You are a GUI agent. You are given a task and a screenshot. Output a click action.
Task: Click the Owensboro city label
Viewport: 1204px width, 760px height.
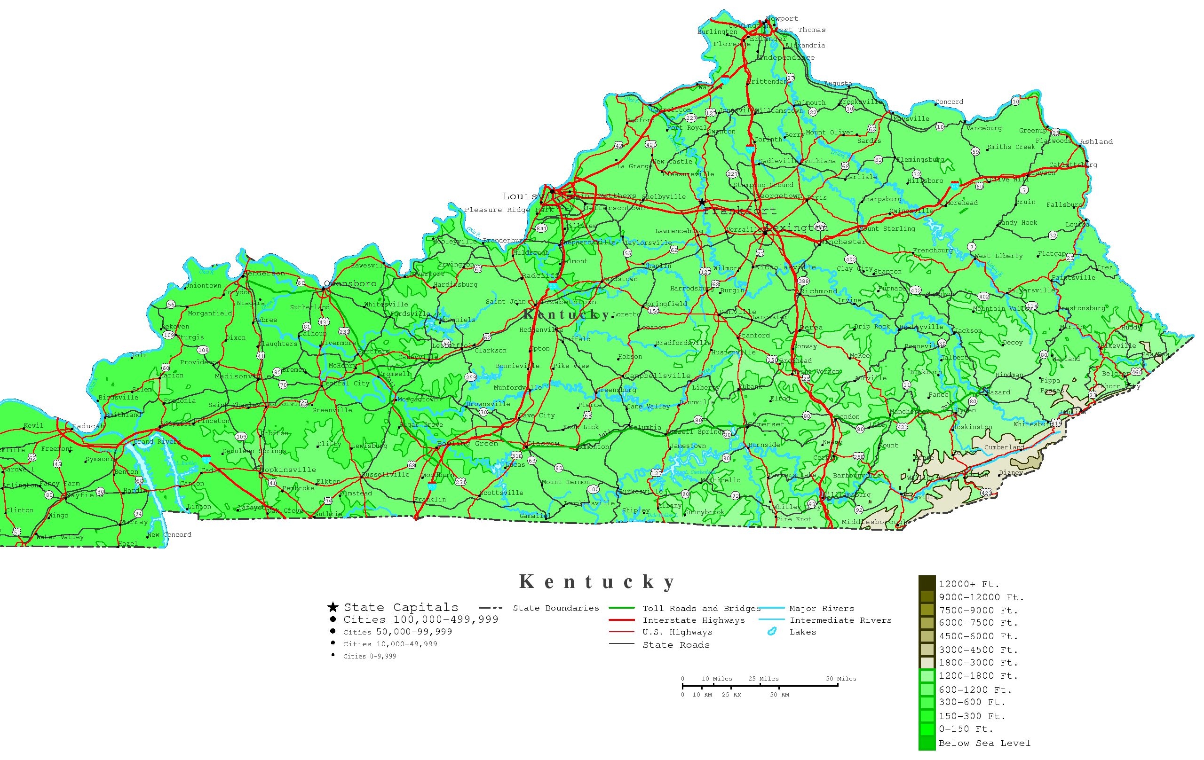tap(350, 284)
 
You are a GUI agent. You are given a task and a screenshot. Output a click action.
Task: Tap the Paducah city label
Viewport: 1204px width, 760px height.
tap(88, 426)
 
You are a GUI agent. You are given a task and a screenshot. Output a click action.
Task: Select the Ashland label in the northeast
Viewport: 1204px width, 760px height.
tap(1096, 141)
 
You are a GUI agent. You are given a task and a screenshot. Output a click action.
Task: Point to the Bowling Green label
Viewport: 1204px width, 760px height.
tap(467, 443)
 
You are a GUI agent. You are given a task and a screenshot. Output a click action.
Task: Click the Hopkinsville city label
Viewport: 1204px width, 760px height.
tap(287, 470)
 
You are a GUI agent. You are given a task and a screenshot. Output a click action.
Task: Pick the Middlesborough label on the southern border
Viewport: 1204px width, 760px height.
tap(874, 522)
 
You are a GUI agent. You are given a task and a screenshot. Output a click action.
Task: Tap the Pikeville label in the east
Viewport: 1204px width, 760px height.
tap(1118, 345)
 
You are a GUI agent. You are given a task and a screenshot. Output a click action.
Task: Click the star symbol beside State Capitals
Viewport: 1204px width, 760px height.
tap(333, 607)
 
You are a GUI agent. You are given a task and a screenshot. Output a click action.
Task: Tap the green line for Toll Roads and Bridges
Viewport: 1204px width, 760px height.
tap(622, 608)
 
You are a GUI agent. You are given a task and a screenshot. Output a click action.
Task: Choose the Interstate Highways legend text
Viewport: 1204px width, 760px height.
tap(694, 620)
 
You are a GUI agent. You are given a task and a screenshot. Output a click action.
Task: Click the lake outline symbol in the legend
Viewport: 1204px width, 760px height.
tap(771, 632)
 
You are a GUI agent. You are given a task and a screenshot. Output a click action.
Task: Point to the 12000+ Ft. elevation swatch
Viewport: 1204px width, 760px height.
tap(927, 583)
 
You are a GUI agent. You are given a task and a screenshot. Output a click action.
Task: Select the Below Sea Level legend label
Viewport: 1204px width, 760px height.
tap(984, 743)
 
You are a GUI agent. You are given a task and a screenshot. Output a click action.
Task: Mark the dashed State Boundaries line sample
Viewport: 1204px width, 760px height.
tap(491, 608)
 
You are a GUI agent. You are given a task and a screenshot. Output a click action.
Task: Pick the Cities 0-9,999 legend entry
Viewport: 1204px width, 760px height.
tap(369, 656)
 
